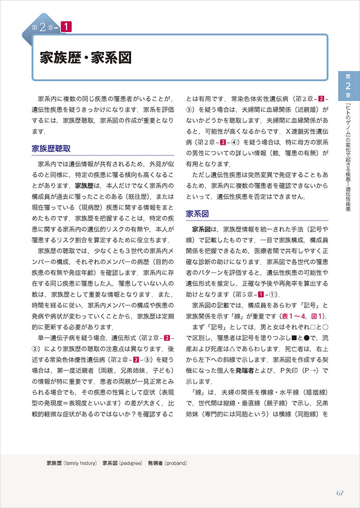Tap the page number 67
click(341, 493)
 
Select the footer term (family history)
click(79, 463)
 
